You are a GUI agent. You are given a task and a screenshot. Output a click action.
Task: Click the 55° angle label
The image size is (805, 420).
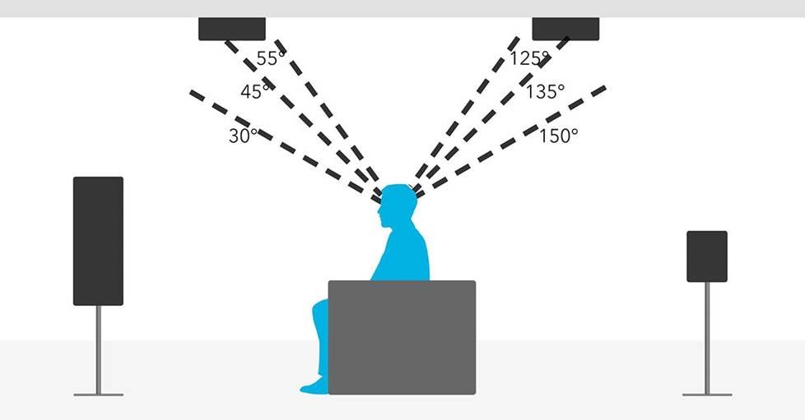click(270, 58)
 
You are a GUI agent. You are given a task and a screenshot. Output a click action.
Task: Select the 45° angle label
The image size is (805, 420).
click(254, 92)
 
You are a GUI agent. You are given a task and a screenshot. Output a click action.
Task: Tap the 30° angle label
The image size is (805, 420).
click(243, 136)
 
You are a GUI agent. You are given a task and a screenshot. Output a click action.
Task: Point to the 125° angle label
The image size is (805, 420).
click(529, 58)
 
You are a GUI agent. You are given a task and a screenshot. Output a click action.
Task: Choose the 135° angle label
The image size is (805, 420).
click(545, 92)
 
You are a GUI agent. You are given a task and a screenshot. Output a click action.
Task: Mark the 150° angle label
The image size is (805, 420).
click(558, 136)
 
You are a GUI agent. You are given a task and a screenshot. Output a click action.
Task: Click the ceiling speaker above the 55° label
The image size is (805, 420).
click(232, 29)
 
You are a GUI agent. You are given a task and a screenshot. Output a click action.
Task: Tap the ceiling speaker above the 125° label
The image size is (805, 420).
click(565, 29)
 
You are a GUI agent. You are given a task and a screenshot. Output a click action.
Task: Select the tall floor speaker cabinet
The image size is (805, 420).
click(98, 241)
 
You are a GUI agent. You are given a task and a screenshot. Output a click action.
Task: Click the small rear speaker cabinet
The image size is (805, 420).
click(707, 256)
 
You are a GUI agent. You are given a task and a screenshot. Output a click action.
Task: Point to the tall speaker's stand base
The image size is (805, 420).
click(99, 395)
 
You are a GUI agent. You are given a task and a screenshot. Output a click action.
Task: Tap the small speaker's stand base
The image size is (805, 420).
click(707, 395)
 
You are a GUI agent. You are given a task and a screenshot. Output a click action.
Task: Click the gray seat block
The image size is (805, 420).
click(402, 338)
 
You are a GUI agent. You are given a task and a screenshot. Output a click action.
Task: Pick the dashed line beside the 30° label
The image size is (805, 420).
click(285, 146)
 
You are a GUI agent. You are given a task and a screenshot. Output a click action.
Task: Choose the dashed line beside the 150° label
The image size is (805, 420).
click(511, 142)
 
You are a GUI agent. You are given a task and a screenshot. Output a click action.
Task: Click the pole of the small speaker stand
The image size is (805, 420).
click(707, 338)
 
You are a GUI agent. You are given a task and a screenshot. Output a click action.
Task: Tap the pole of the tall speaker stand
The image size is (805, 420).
click(99, 349)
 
